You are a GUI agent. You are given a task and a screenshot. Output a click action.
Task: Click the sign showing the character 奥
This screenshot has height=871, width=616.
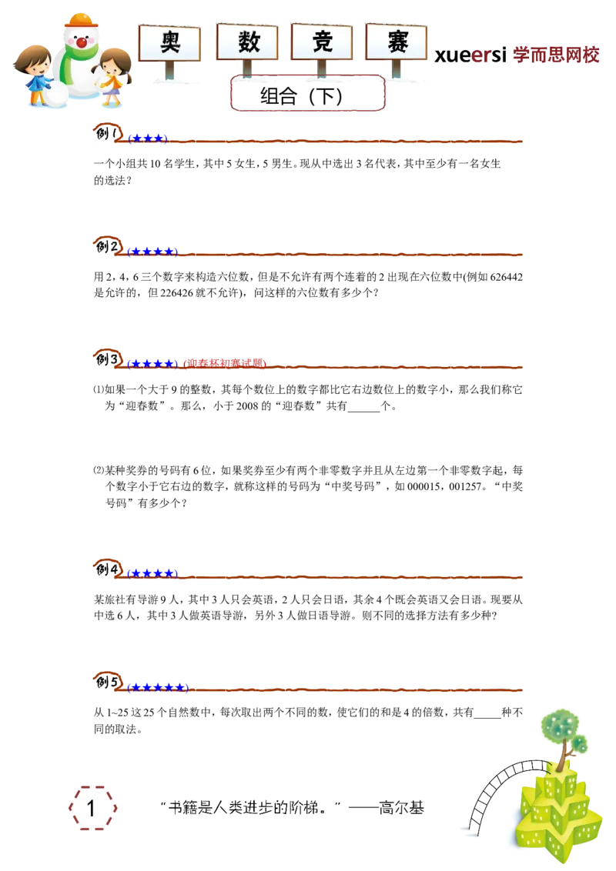pyautogui.click(x=169, y=43)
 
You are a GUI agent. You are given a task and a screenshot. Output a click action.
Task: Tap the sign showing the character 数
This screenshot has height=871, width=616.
pyautogui.click(x=247, y=42)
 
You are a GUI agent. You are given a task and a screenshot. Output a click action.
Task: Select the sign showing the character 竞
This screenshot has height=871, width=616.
pyautogui.click(x=322, y=42)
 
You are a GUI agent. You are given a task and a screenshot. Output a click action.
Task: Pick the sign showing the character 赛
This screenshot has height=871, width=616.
pyautogui.click(x=397, y=42)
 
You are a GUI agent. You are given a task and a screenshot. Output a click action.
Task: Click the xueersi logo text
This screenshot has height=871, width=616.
pyautogui.click(x=470, y=55)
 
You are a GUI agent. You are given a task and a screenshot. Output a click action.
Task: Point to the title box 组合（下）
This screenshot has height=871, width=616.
pyautogui.click(x=307, y=93)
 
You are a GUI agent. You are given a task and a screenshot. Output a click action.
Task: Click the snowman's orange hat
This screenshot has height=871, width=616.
pyautogui.click(x=82, y=20)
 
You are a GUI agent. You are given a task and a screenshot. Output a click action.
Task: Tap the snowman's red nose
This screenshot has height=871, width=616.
pyautogui.click(x=82, y=42)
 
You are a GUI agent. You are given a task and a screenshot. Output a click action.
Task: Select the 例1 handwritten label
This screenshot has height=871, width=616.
pyautogui.click(x=108, y=133)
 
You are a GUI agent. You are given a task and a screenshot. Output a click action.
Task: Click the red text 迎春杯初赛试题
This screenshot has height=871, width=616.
pyautogui.click(x=225, y=363)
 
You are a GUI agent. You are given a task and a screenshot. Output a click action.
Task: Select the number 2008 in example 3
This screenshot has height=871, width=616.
pyautogui.click(x=247, y=406)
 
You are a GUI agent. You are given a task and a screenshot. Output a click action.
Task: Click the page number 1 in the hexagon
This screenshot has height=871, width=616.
pyautogui.click(x=91, y=808)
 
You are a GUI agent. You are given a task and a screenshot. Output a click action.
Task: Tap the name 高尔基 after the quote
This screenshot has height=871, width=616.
pyautogui.click(x=401, y=807)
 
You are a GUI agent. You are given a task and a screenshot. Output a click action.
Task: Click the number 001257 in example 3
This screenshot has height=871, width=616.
pyautogui.click(x=462, y=486)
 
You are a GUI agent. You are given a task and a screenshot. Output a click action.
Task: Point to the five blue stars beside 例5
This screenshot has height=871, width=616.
pyautogui.click(x=158, y=688)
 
